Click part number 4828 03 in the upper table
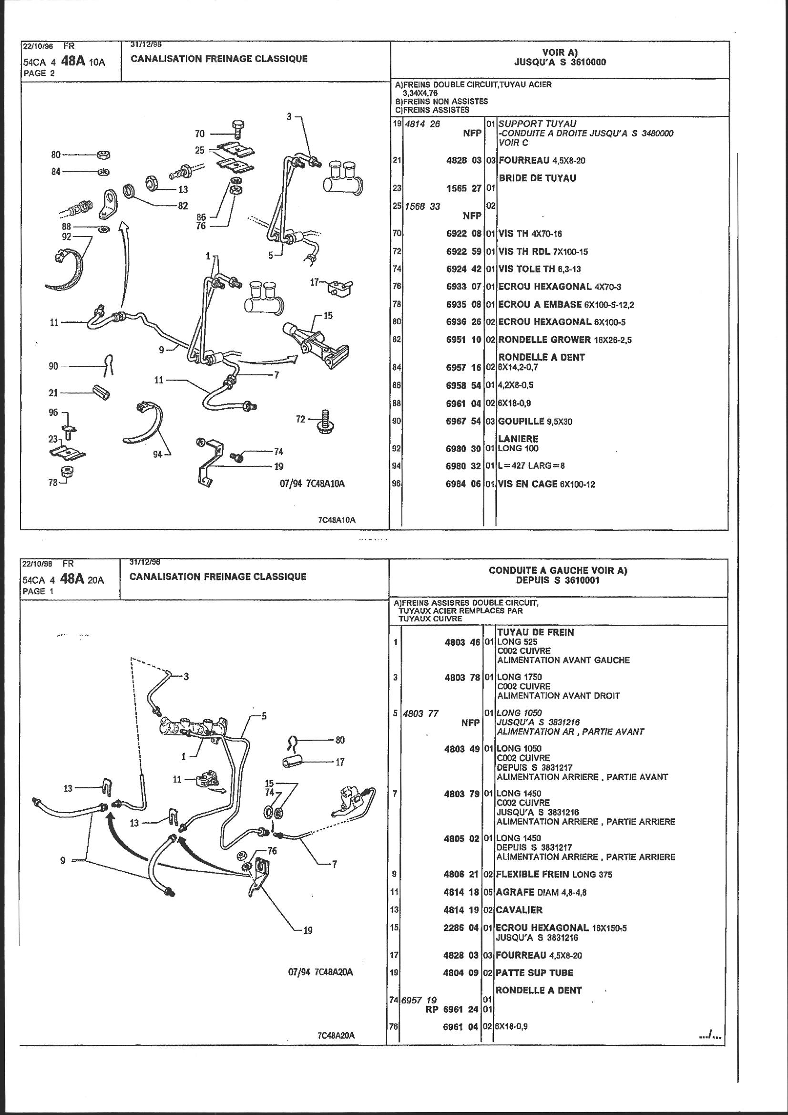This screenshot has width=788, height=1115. (x=464, y=160)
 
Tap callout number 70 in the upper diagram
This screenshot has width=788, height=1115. (x=200, y=134)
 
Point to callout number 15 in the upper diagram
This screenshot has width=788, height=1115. (x=327, y=316)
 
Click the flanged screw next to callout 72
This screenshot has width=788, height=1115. (x=324, y=422)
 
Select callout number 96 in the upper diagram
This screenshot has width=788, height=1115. (x=53, y=413)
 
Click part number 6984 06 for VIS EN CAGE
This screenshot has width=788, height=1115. (x=463, y=484)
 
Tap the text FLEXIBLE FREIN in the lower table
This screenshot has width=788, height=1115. (x=532, y=875)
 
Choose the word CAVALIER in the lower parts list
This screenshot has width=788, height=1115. (x=519, y=910)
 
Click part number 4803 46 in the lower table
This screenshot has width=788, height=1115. (x=462, y=642)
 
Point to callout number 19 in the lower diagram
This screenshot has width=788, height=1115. (x=308, y=930)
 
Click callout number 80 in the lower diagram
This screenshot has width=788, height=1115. (x=340, y=740)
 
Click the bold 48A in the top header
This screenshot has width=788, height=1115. (x=73, y=61)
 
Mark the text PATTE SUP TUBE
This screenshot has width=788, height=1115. (x=534, y=973)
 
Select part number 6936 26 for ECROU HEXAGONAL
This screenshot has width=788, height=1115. (x=463, y=322)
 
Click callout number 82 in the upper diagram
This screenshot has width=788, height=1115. (x=183, y=206)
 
